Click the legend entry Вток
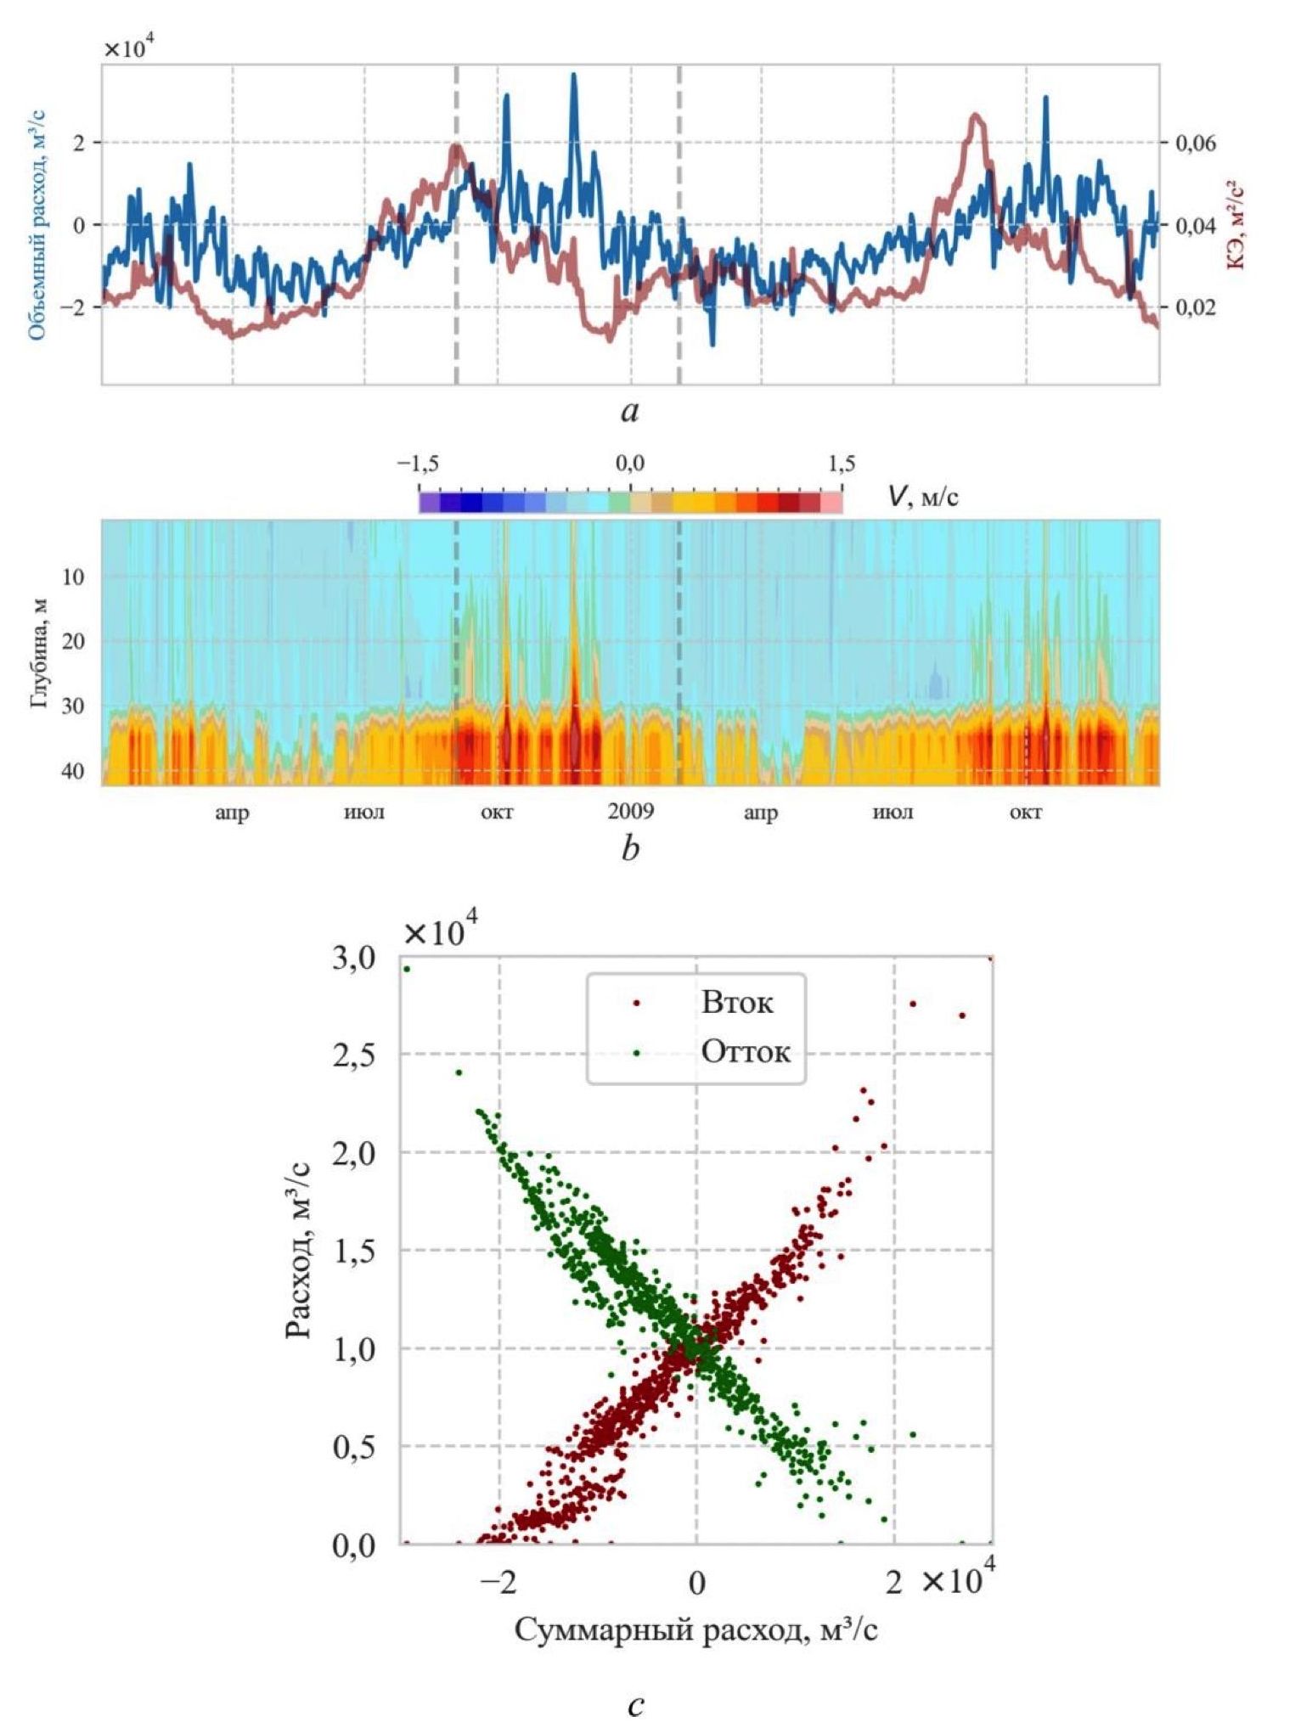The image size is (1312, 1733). pos(736,1003)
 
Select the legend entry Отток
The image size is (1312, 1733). pos(745,1053)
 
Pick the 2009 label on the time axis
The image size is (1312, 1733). pos(630,813)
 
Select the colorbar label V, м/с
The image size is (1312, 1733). pos(923,496)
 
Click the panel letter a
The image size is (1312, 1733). pos(629,413)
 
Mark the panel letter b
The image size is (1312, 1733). pos(629,848)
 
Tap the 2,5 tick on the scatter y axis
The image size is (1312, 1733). pos(352,1055)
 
